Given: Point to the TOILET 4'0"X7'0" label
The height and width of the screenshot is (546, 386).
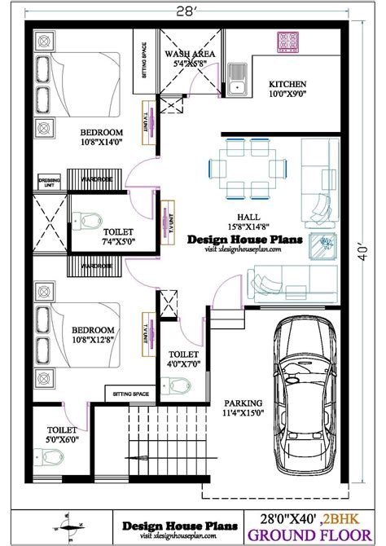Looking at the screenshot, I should (182, 360).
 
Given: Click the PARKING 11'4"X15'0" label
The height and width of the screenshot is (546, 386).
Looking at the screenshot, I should (243, 407).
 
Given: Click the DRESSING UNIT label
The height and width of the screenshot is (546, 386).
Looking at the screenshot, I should (49, 182).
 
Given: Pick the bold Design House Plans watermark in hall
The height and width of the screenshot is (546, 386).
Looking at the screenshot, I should (245, 240).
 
